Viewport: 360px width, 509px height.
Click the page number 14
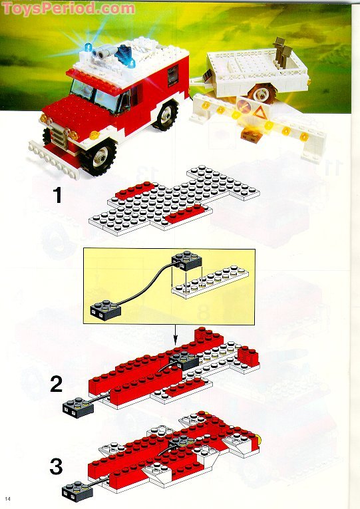coord(7,499)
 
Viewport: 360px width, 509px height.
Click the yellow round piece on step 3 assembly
coord(259,439)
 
